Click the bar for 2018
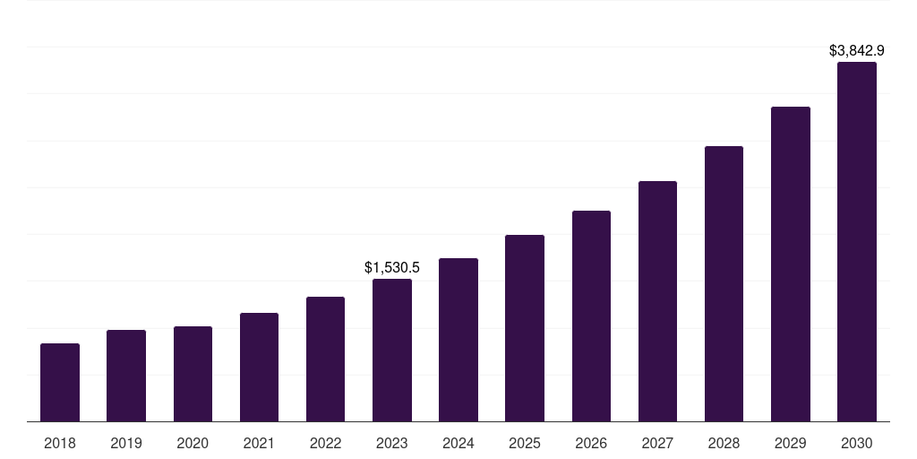(x=60, y=383)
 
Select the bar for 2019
(x=126, y=376)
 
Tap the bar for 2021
(x=259, y=368)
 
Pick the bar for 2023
(x=392, y=351)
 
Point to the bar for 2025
(x=525, y=328)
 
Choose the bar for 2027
(x=657, y=301)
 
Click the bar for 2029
(x=791, y=264)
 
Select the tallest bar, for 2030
(x=857, y=242)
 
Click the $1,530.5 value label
(x=392, y=267)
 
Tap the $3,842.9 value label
(x=857, y=51)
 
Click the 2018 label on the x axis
(x=60, y=443)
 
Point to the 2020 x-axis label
(x=193, y=443)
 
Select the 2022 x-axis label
(x=325, y=443)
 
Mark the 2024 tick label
(x=458, y=443)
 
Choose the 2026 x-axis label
(x=591, y=443)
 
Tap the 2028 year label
(x=724, y=443)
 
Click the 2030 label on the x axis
(x=857, y=443)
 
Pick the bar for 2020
(x=193, y=374)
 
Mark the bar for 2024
(x=458, y=340)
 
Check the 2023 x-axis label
(x=392, y=443)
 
